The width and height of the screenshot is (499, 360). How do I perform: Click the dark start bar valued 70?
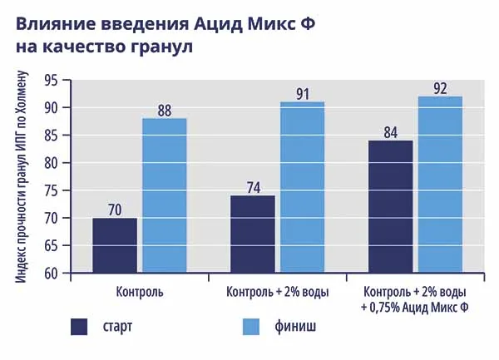115,245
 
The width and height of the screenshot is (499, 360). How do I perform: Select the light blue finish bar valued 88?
164,195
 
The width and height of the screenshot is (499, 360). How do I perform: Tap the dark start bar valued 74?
252,234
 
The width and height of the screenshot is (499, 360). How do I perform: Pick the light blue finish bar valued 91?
302,187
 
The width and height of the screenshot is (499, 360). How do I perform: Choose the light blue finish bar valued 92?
440,185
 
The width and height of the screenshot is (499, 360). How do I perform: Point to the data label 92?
440,87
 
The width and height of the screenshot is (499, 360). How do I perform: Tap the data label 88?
164,109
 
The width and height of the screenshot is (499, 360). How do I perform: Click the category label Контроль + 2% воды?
277,293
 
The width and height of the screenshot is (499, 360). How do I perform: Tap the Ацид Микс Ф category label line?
415,308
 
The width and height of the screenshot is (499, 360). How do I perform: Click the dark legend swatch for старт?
79,326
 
